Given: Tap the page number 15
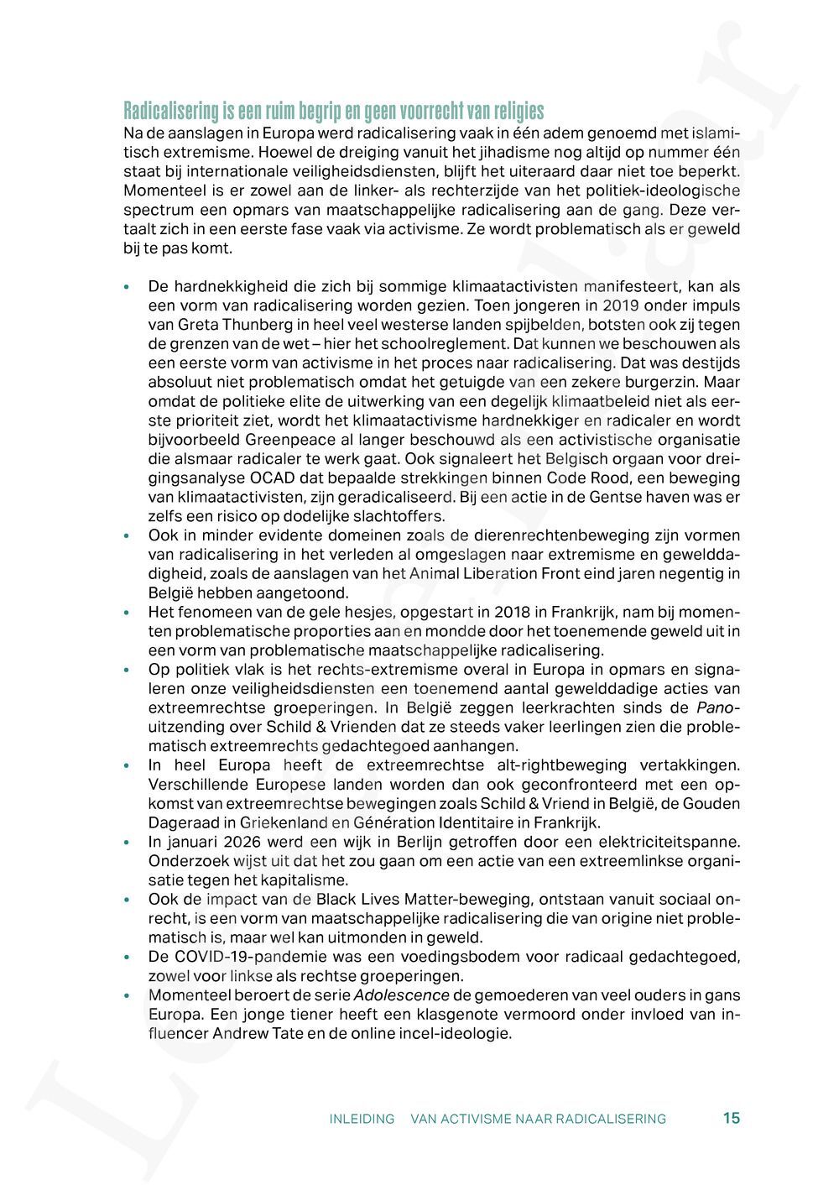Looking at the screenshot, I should point(731,1118).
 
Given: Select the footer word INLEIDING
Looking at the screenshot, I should point(362,1119).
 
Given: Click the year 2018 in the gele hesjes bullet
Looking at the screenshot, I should point(511,612).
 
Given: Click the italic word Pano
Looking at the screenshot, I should point(718,707).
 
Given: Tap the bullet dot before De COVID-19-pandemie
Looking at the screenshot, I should point(127,958).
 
